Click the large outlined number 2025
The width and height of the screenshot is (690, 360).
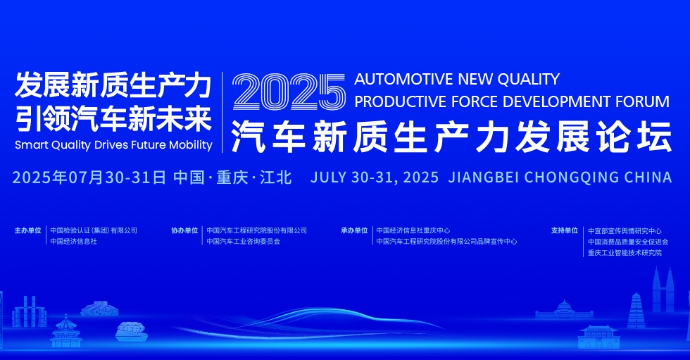(289, 92)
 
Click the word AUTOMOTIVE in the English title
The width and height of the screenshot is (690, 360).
(403, 79)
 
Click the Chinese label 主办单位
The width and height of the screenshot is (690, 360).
(27, 230)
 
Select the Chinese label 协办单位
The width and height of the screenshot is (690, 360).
(184, 230)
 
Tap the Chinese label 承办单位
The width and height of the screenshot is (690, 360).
(354, 230)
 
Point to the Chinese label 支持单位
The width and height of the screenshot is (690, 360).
(565, 230)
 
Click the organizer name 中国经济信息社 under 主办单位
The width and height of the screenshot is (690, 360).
(73, 241)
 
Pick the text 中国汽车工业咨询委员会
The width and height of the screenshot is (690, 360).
(244, 241)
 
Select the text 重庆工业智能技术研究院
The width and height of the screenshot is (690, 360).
(625, 253)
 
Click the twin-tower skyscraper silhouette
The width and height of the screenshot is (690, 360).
(663, 290)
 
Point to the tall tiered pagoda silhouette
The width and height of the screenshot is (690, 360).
(636, 310)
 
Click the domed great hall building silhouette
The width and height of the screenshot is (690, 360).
(564, 310)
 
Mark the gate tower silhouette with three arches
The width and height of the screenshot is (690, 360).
(599, 337)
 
